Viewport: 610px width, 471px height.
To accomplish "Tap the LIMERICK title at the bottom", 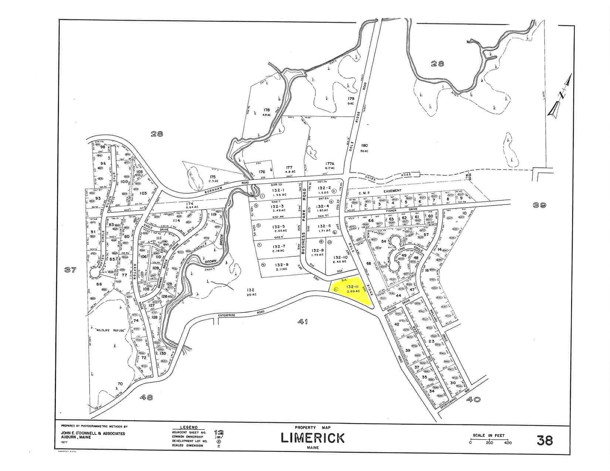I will click(313, 438).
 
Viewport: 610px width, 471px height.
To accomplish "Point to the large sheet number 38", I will click(544, 440).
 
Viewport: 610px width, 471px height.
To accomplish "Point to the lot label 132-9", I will click(281, 264).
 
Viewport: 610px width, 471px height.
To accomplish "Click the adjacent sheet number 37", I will click(70, 270).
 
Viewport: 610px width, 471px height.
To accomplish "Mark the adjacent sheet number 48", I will click(147, 397).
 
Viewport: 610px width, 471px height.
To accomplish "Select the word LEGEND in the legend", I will click(189, 427).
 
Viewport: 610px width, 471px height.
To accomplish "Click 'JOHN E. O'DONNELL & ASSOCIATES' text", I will click(93, 434).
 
